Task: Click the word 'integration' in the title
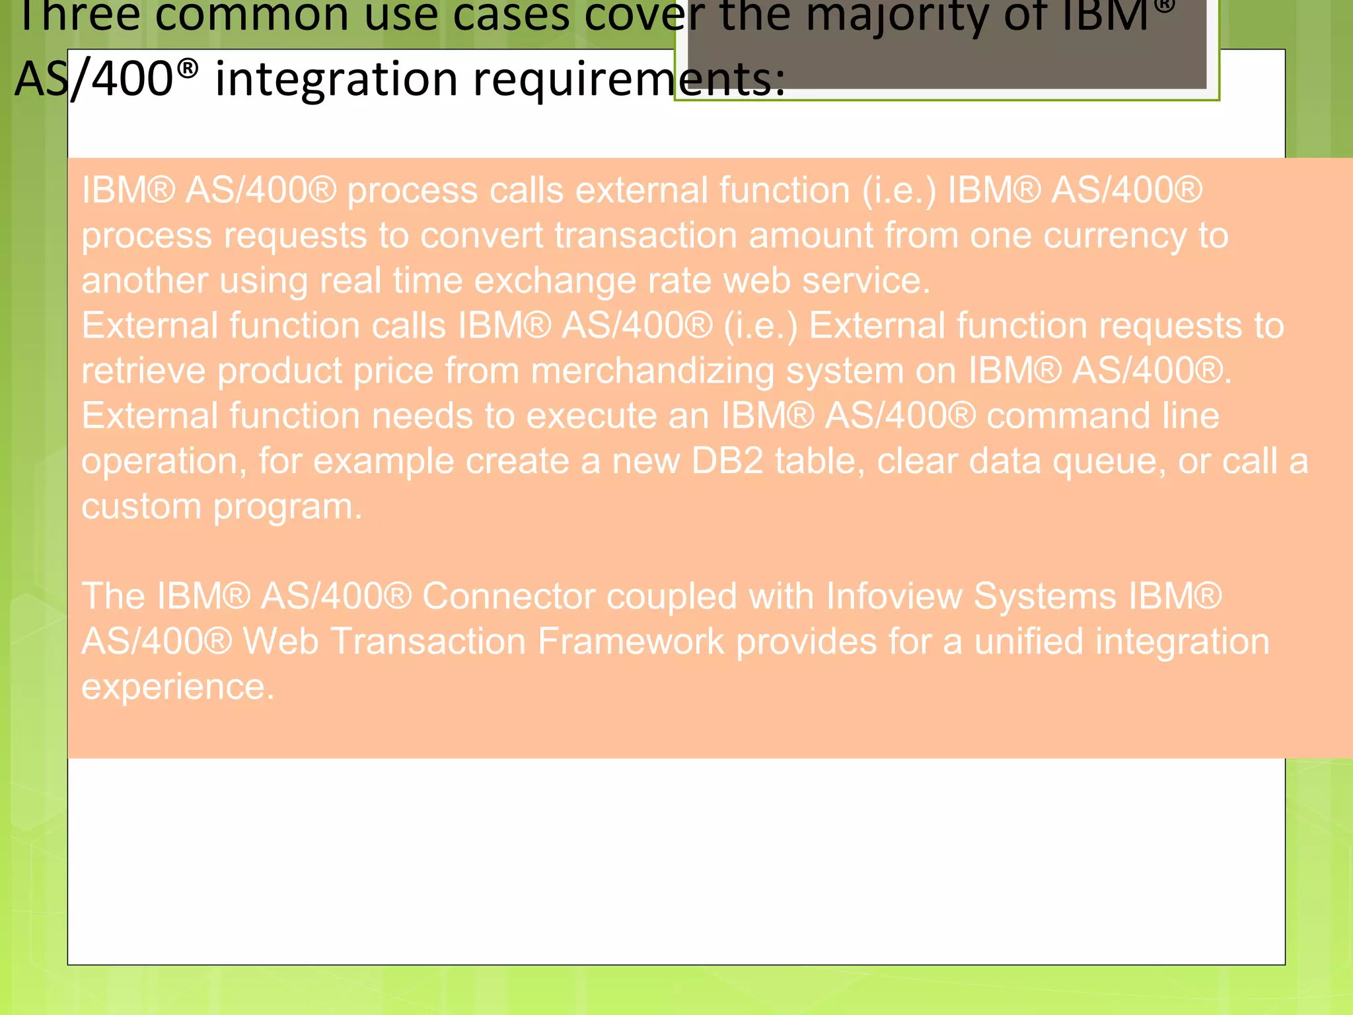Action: (x=338, y=79)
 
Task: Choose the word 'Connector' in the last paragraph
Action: (x=508, y=596)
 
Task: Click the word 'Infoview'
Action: (x=894, y=596)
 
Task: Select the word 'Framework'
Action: (x=631, y=642)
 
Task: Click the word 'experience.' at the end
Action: (x=178, y=687)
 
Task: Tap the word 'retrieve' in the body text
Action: (x=143, y=371)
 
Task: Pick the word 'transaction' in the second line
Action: (x=645, y=236)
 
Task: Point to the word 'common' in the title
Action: (x=252, y=16)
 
